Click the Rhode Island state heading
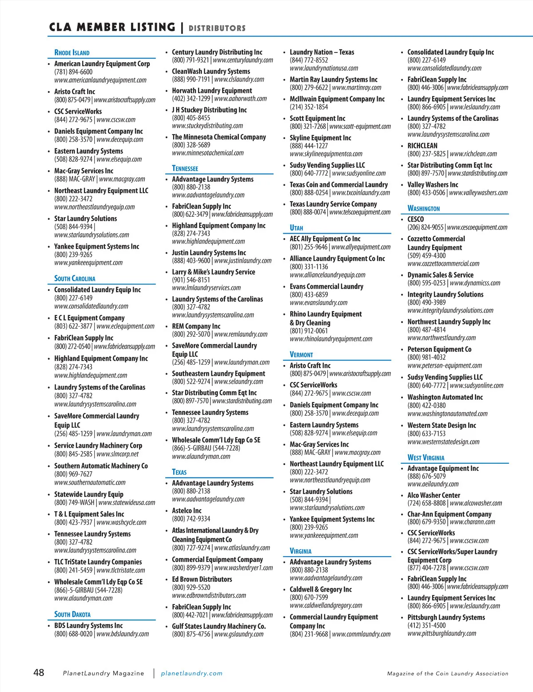pos(72,52)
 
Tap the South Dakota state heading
pos(72,614)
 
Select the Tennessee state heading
pos(185,168)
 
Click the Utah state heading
pos(296,228)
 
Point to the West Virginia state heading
pos(426,457)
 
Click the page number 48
pos(39,672)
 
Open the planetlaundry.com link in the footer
pos(191,673)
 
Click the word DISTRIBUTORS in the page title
pos(217,28)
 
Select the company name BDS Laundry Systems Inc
pos(88,625)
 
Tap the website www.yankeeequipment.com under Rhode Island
pos(88,262)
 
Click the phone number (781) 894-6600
pos(73,72)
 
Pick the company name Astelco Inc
pos(187,511)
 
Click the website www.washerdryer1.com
pos(243,568)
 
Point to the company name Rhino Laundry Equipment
pos(326,314)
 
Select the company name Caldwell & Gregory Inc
pos(321,589)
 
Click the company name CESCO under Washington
pos(416,219)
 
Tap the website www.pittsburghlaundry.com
pos(442,633)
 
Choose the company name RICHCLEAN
pos(422,146)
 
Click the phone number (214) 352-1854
pos(309,107)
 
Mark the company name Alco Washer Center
pos(434,495)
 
